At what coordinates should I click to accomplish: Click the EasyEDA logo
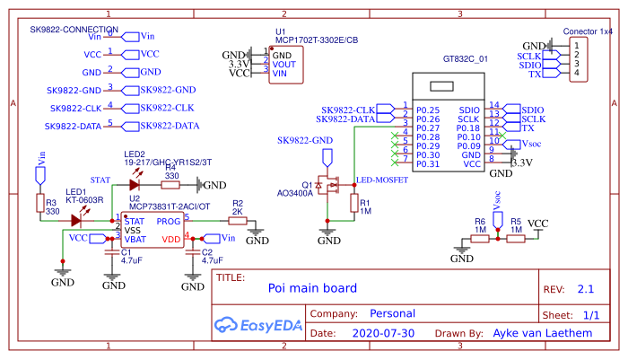pyautogui.click(x=257, y=323)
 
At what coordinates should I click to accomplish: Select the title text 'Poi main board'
pyautogui.click(x=312, y=288)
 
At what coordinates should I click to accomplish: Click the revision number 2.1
pyautogui.click(x=586, y=289)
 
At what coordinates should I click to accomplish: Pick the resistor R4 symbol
pyautogui.click(x=171, y=184)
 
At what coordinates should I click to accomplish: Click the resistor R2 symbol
pyautogui.click(x=237, y=220)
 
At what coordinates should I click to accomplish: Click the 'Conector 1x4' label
pyautogui.click(x=588, y=31)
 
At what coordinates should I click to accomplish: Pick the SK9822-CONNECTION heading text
pyautogui.click(x=74, y=29)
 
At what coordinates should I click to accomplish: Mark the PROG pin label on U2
pyautogui.click(x=170, y=220)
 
